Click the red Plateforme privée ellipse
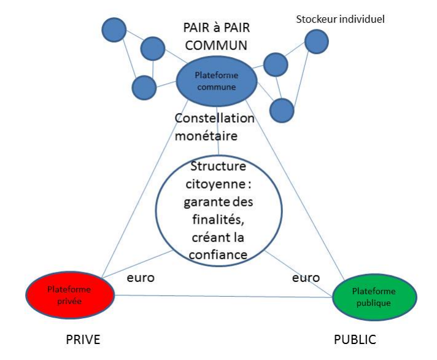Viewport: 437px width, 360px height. click(70, 295)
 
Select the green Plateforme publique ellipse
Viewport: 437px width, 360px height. click(374, 297)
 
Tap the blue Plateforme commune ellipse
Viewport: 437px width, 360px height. click(217, 81)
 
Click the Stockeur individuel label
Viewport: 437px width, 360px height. click(340, 19)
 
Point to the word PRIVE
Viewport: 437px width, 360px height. click(83, 340)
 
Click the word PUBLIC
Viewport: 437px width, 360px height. click(355, 340)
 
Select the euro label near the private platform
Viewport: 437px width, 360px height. click(141, 278)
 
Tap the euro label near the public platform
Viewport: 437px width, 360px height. click(306, 278)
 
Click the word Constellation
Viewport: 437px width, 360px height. click(215, 118)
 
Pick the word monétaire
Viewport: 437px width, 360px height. click(206, 136)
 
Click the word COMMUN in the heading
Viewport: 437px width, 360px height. click(216, 45)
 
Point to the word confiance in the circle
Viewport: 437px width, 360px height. click(218, 255)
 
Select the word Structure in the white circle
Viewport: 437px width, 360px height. click(218, 166)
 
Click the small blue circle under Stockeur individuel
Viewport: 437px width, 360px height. click(317, 42)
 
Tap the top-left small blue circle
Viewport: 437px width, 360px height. click(114, 30)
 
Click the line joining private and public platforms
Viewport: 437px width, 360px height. click(223, 297)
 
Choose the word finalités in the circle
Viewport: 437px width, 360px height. click(218, 220)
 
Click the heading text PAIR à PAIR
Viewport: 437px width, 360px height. click(217, 28)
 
